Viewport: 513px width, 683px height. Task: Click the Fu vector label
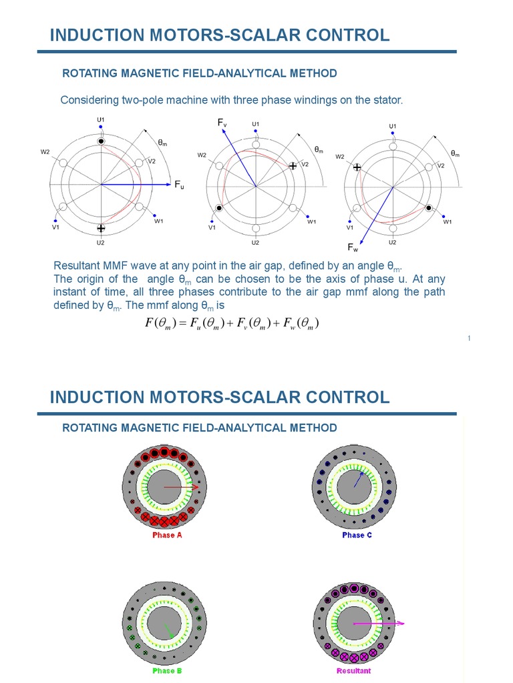[179, 185]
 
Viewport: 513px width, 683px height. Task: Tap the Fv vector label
[222, 123]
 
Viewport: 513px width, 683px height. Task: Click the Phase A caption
[167, 535]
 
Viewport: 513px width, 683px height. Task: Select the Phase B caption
[167, 670]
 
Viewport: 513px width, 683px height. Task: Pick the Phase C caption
[357, 535]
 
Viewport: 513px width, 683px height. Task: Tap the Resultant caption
[353, 670]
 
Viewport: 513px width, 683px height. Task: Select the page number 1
[470, 339]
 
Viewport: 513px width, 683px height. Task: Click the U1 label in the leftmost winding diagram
[101, 120]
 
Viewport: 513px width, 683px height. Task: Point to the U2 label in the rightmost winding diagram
[393, 243]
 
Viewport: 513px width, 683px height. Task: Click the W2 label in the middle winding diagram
[202, 155]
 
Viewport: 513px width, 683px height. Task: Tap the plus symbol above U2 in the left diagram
[101, 228]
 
